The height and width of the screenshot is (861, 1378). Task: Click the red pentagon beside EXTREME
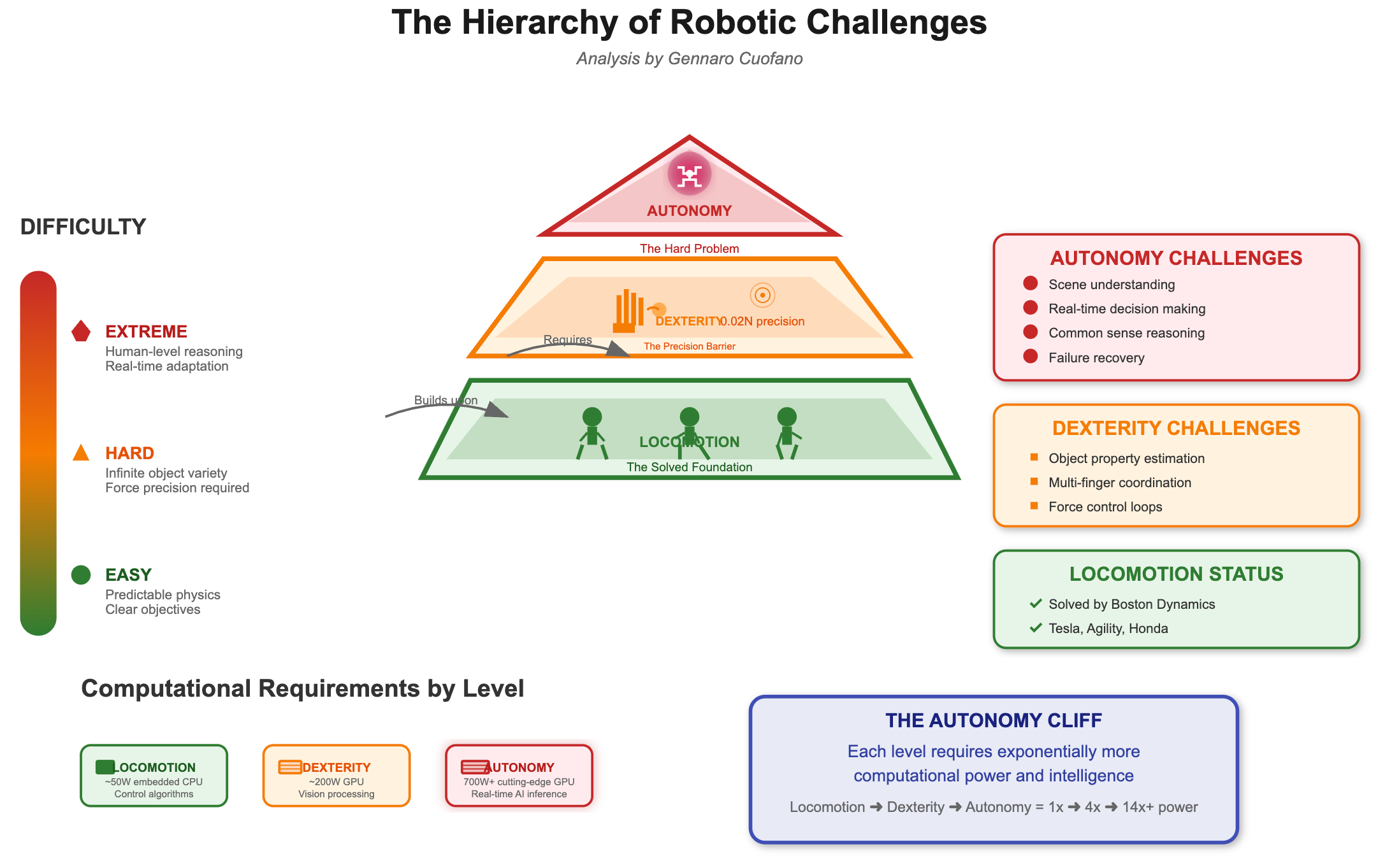click(81, 331)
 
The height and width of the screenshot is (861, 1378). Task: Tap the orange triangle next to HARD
click(81, 453)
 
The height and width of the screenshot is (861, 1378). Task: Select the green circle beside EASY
click(81, 574)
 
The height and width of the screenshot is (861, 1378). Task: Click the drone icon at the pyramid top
click(689, 174)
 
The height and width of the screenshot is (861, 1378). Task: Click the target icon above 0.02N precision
click(762, 295)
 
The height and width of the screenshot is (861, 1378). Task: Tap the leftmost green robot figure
click(592, 433)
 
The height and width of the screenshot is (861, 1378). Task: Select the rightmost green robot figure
click(787, 433)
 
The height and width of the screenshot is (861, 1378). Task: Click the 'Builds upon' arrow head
click(497, 411)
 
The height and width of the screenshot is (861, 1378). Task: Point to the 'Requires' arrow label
click(567, 339)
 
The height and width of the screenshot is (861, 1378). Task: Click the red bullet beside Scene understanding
click(1031, 283)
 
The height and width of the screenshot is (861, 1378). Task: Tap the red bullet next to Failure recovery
click(1031, 357)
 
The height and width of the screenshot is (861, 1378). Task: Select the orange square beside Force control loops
click(1034, 506)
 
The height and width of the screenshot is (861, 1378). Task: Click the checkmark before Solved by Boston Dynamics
click(1036, 603)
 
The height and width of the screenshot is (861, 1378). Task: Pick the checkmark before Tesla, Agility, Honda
click(1036, 628)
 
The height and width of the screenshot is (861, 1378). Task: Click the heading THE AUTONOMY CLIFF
click(993, 720)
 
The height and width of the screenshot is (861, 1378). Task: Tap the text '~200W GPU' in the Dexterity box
click(337, 781)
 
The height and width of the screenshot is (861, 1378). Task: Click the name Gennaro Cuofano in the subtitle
click(735, 59)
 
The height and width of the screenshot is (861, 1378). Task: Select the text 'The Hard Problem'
click(689, 248)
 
